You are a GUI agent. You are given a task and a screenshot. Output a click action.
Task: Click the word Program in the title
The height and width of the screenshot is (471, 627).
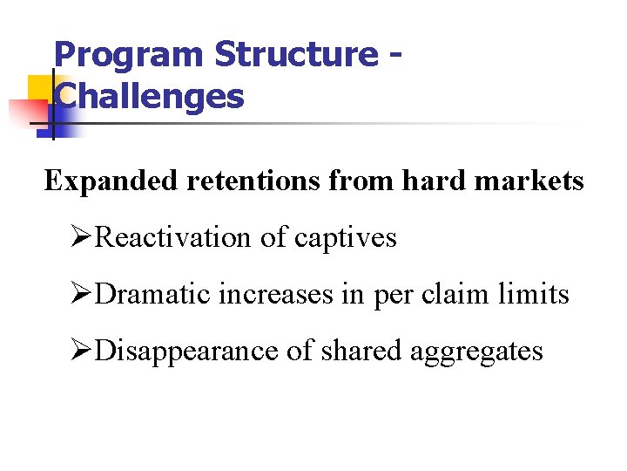pos(130,56)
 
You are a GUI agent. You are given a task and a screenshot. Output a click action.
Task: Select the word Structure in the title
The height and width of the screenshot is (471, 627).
pos(297,54)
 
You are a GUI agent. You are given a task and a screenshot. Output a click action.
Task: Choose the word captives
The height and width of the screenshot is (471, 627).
pos(346,238)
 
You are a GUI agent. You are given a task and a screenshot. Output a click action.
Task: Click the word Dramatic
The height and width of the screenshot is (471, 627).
pos(152,294)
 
